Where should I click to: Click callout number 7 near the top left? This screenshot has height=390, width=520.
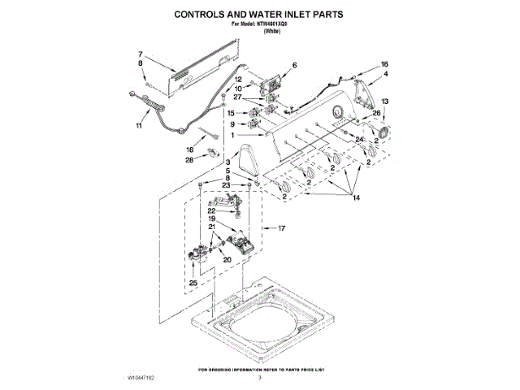click(139, 53)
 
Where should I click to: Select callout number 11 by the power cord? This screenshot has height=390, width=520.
click(138, 126)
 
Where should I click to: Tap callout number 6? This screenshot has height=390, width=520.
click(294, 65)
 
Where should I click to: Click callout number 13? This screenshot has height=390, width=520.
click(385, 101)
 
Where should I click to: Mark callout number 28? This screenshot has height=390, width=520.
click(189, 160)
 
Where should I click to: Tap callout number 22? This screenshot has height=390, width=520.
click(210, 210)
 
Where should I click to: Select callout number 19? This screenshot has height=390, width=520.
click(210, 219)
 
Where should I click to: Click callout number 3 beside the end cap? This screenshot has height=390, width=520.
click(228, 163)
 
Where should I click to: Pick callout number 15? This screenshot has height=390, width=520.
click(231, 113)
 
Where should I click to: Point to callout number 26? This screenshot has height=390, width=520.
click(376, 113)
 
